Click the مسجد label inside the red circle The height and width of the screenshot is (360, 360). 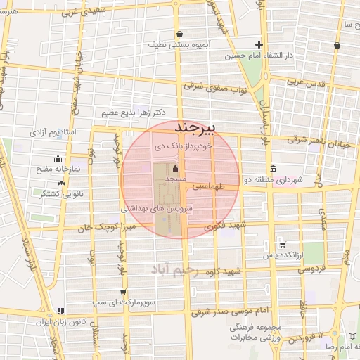point(174,180)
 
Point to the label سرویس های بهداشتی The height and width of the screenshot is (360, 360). point(152,209)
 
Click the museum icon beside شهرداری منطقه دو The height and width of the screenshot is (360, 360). point(273,169)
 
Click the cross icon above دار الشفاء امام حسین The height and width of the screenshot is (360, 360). point(259,44)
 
